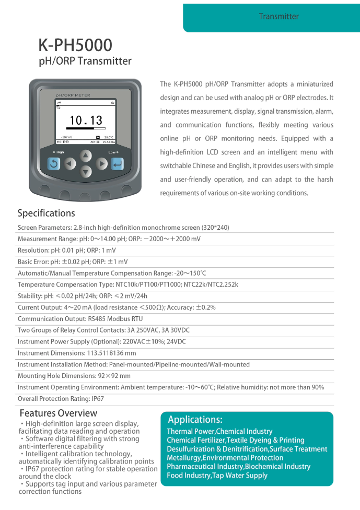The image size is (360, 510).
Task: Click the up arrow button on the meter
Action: pyautogui.click(x=86, y=156)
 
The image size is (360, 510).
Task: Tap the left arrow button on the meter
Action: pyautogui.click(x=71, y=164)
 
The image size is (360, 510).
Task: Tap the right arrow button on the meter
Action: pyautogui.click(x=102, y=164)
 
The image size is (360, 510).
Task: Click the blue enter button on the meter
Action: pyautogui.click(x=118, y=164)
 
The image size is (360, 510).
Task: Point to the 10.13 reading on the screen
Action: pyautogui.click(x=86, y=121)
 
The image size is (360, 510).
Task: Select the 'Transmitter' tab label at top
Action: pyautogui.click(x=279, y=16)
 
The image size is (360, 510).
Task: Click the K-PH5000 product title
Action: pyautogui.click(x=75, y=45)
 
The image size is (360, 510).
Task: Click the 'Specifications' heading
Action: pyautogui.click(x=46, y=213)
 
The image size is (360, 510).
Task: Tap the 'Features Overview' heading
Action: pyautogui.click(x=58, y=413)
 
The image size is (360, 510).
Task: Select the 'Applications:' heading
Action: pyautogui.click(x=195, y=420)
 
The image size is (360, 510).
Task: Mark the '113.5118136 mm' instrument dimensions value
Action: pyautogui.click(x=111, y=353)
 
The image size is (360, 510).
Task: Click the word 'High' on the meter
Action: pyautogui.click(x=60, y=152)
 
